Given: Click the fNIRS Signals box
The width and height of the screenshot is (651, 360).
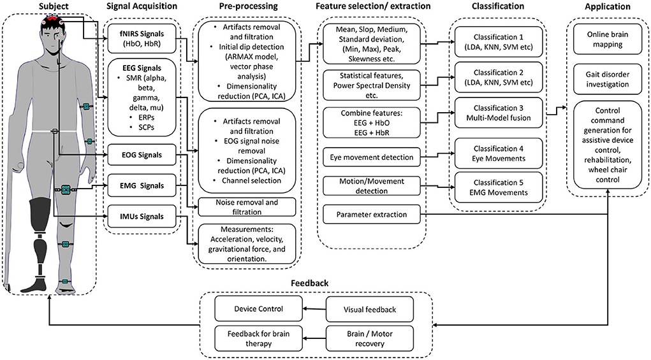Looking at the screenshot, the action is click(142, 39).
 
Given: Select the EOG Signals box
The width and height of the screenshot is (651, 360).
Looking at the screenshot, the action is click(142, 155).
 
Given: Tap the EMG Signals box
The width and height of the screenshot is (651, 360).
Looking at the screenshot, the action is click(142, 186).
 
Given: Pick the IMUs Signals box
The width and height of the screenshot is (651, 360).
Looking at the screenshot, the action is click(142, 217).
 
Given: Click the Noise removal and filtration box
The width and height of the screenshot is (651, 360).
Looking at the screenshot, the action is click(247, 207).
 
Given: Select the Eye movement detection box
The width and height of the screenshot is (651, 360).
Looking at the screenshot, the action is click(372, 157).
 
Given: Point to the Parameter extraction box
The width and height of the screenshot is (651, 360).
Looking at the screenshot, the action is click(372, 215).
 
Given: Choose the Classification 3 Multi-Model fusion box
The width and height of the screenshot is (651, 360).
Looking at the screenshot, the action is click(498, 113).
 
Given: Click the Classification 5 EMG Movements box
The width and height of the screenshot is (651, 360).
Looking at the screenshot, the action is click(498, 187).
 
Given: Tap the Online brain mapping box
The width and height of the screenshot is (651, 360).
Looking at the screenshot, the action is click(608, 40).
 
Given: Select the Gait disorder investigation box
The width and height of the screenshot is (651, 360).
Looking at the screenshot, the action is click(608, 79).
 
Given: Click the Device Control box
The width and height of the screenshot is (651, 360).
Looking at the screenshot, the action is click(259, 308).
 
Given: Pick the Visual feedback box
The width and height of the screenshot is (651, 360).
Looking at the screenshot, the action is click(370, 310).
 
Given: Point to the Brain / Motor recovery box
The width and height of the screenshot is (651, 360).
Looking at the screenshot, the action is click(370, 338).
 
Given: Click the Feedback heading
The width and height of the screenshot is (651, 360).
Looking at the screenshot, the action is click(310, 284).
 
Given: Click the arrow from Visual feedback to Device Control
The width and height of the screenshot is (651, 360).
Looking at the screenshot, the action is click(314, 309).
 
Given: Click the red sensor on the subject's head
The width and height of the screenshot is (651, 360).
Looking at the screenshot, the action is click(52, 18).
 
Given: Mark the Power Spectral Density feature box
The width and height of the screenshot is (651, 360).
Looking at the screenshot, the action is click(372, 85).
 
